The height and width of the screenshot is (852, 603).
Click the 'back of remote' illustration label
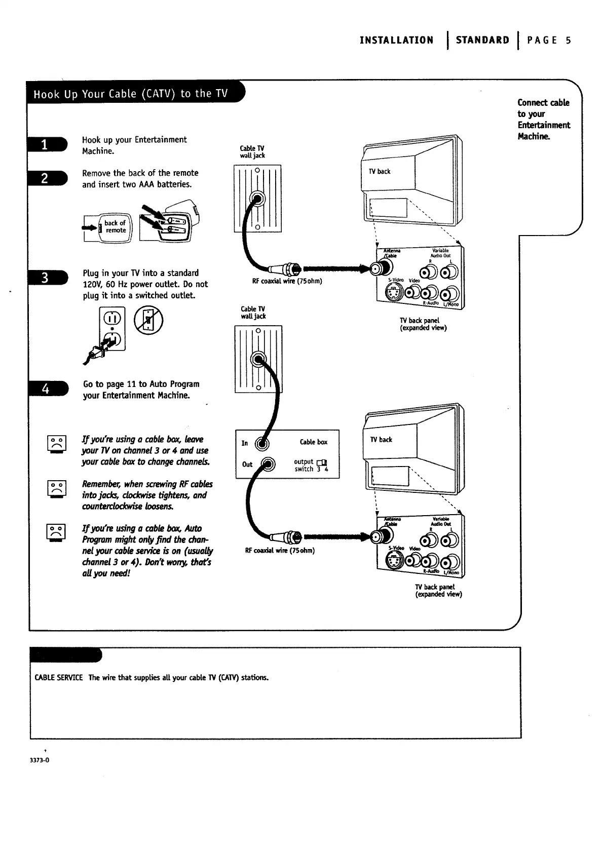pos(115,226)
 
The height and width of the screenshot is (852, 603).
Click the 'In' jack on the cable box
pos(261,443)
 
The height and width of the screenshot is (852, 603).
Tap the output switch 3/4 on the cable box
pos(321,462)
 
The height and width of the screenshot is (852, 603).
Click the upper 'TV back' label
pos(380,172)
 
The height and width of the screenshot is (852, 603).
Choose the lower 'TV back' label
pos(381,440)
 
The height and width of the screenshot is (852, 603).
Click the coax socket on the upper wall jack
pos(258,198)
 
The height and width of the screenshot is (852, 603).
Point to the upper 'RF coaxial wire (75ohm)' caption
pos(287,281)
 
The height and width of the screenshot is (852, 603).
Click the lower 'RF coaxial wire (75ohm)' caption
pos(280,551)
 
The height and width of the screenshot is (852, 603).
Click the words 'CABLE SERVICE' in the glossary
pos(58,678)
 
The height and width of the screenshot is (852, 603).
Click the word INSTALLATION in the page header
pos(396,41)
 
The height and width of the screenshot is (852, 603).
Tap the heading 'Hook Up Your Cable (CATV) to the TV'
pos(131,94)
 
